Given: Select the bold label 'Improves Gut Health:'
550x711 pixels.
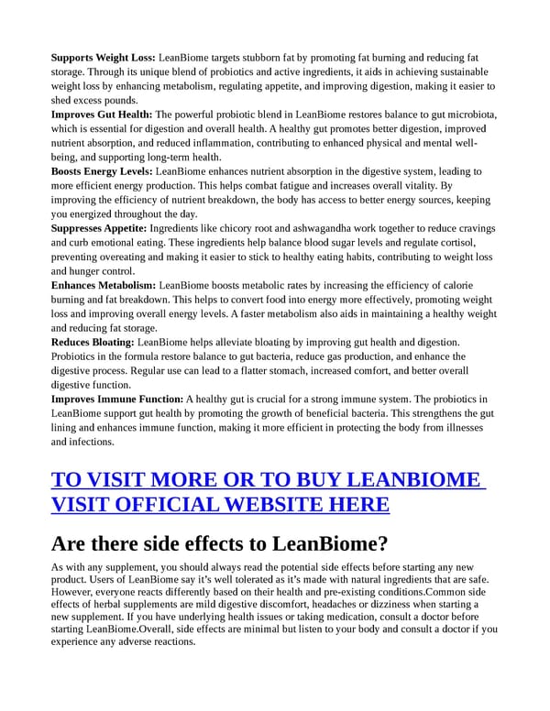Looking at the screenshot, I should click(102, 115).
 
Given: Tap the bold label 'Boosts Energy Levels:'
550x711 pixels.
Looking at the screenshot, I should click(103, 171).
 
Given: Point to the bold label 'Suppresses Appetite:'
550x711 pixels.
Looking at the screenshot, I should click(101, 228).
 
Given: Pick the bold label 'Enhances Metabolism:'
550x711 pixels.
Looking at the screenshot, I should click(104, 286).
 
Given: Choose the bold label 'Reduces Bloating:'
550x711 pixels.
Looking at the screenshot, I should click(93, 343).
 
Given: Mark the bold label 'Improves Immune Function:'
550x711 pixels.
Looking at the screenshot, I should click(117, 399).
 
